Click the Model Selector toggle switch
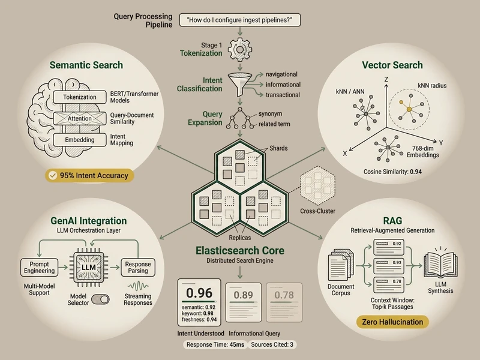coord(106,299)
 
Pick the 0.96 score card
coord(199,302)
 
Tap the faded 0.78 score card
coord(285,302)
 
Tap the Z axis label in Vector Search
coord(387,79)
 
